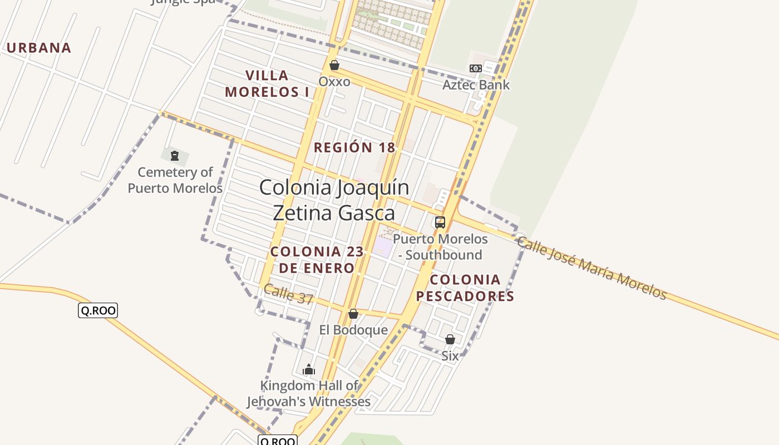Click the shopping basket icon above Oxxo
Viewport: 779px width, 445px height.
click(x=334, y=65)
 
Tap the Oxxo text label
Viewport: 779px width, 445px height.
click(x=334, y=82)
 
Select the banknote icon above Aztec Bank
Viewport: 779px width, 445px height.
click(x=476, y=68)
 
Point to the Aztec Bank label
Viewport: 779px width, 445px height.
click(x=476, y=85)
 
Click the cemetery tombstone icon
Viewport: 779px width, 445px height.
click(x=175, y=155)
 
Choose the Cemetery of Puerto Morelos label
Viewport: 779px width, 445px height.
click(x=175, y=180)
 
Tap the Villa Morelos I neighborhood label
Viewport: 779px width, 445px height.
click(x=267, y=83)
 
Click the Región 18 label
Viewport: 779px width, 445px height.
click(x=354, y=147)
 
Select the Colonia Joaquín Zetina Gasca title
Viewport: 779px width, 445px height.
click(x=334, y=200)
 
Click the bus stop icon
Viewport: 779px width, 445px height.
click(x=440, y=222)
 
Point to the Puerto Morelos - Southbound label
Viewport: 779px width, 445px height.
click(x=440, y=247)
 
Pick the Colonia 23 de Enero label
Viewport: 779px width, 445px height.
click(x=317, y=260)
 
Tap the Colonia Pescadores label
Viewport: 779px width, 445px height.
click(x=465, y=288)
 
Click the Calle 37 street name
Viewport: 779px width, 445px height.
click(x=288, y=294)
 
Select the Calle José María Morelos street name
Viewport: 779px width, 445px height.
click(x=591, y=268)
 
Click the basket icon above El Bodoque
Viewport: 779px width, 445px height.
click(x=353, y=314)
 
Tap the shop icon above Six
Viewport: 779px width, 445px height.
click(x=450, y=339)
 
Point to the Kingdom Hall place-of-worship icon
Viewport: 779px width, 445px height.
click(x=309, y=369)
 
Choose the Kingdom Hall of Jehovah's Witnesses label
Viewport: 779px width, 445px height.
click(x=309, y=393)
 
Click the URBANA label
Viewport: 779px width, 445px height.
click(x=39, y=48)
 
